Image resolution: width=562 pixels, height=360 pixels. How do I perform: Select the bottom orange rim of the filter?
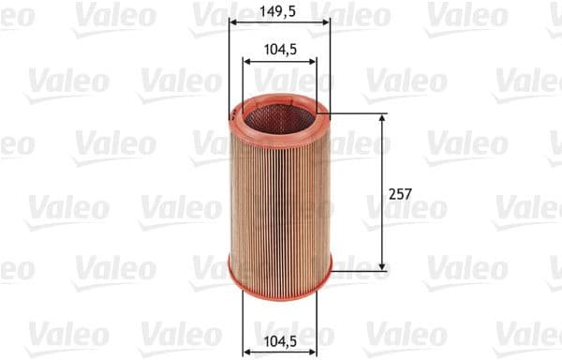(279, 277)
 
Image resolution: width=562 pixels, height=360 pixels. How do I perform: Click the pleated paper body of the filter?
(279, 197)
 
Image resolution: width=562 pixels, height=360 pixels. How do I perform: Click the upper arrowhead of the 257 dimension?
(382, 120)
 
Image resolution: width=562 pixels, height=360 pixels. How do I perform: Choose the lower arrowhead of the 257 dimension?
(382, 266)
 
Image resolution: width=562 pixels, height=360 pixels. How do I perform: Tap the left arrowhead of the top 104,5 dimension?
(247, 63)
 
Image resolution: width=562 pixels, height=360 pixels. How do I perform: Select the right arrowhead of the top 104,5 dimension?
(312, 63)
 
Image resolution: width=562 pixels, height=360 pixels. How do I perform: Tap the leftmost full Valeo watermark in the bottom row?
(66, 332)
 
